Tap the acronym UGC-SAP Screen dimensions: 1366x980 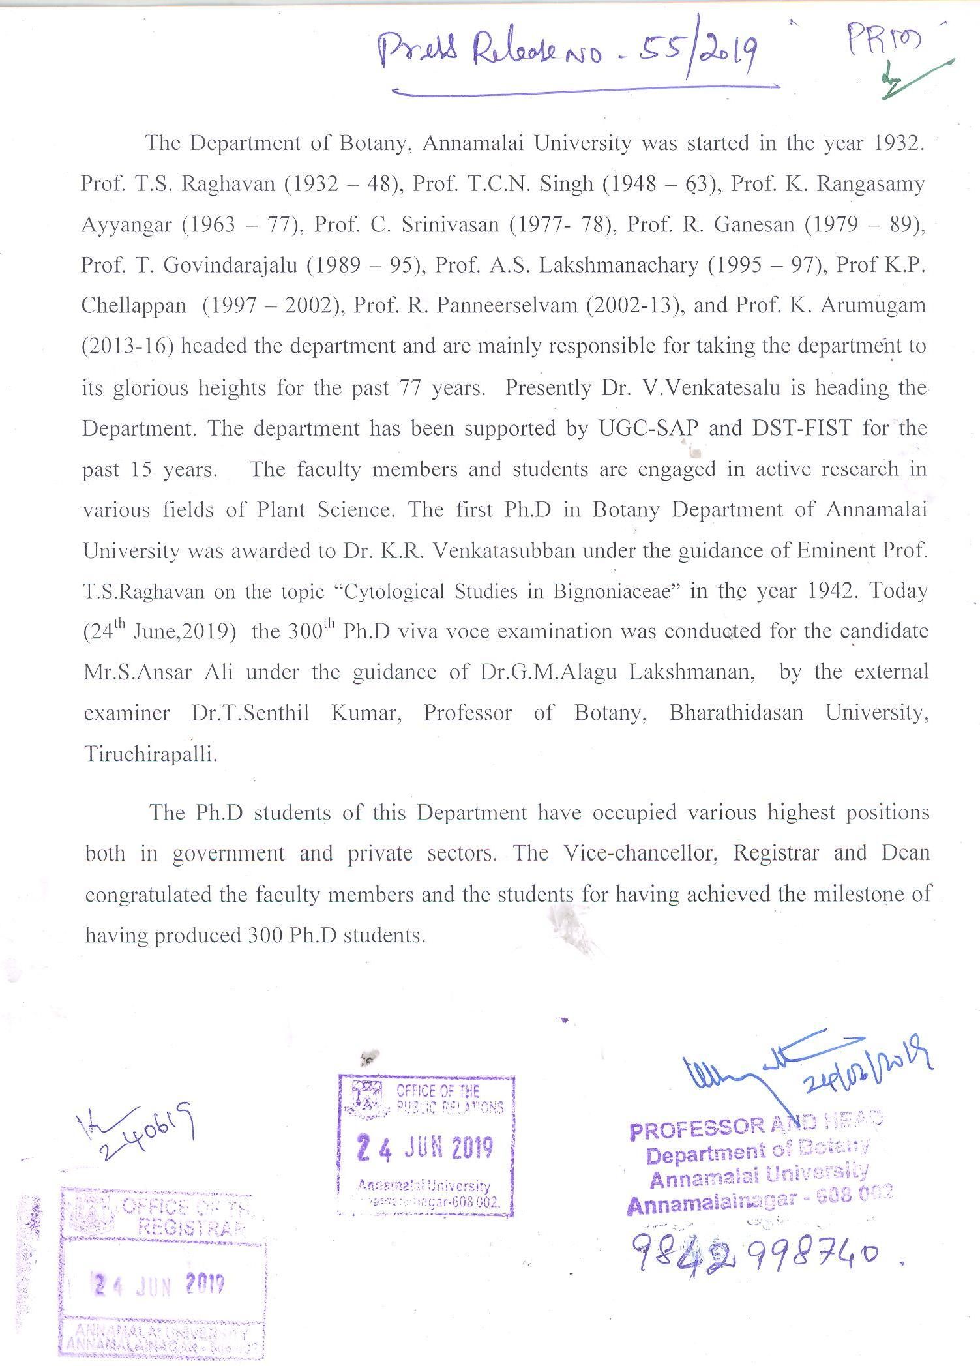coord(648,428)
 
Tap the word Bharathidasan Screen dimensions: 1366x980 coord(736,713)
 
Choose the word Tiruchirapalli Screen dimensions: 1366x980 coord(150,754)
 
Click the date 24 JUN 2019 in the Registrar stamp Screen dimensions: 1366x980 coord(160,1285)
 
